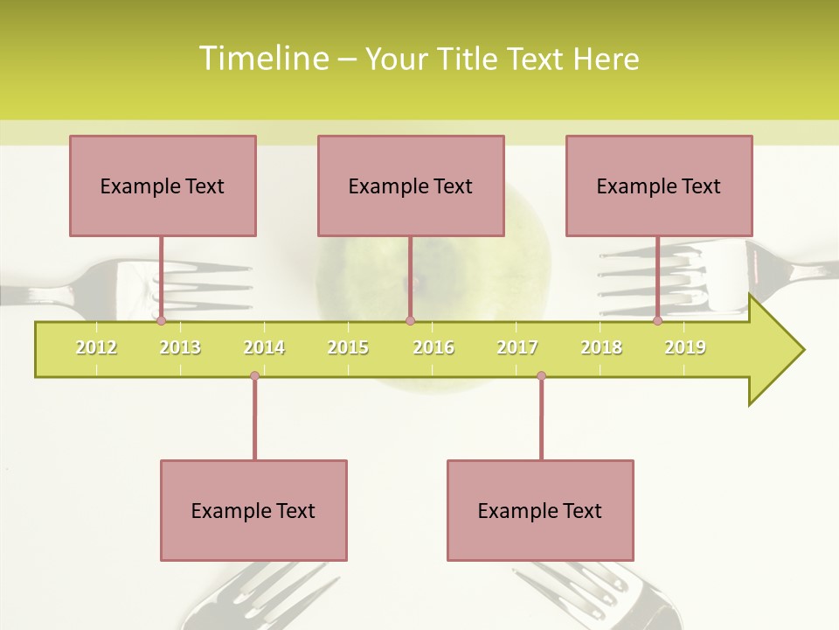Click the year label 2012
click(x=96, y=347)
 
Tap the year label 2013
click(x=180, y=347)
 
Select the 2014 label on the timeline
click(x=264, y=347)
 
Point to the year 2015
click(x=348, y=347)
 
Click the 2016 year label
click(x=433, y=347)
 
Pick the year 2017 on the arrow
click(x=517, y=347)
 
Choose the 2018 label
click(x=601, y=347)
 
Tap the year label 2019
click(x=685, y=347)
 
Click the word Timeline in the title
click(x=263, y=59)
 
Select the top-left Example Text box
click(x=163, y=185)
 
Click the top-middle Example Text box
click(x=411, y=185)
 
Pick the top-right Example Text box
click(x=659, y=185)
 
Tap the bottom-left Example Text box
click(x=253, y=510)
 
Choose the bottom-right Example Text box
click(x=540, y=510)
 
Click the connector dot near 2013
click(x=161, y=321)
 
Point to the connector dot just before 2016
click(x=410, y=321)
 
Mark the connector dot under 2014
click(x=254, y=376)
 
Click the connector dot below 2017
click(x=541, y=376)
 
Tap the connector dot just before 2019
click(x=657, y=321)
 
